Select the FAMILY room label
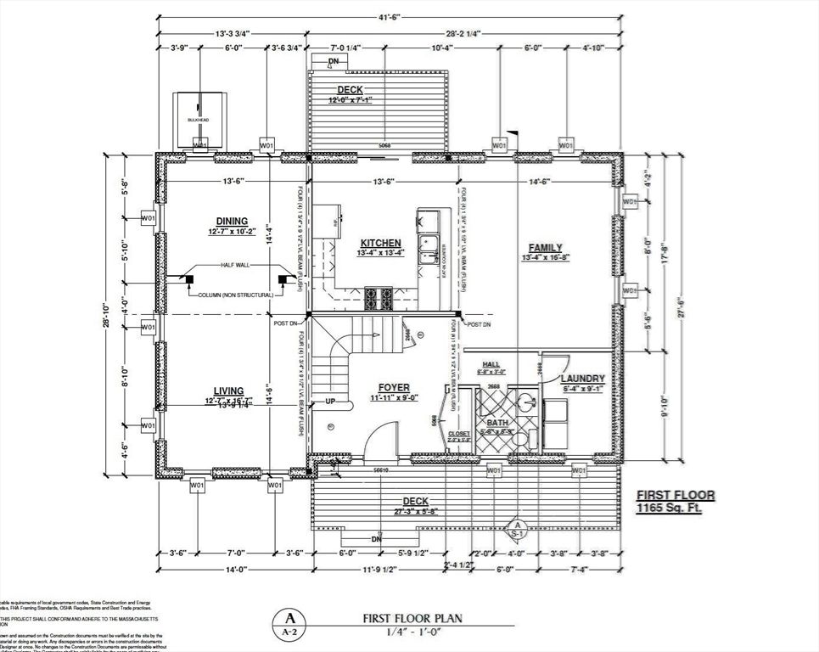point(547,247)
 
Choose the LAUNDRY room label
point(582,379)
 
